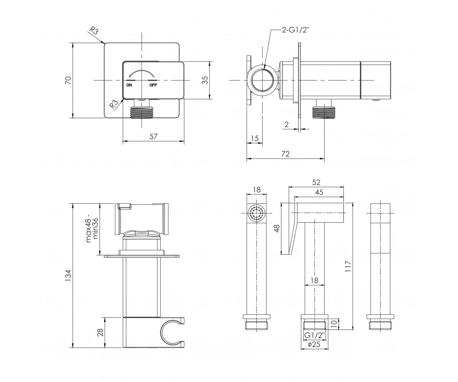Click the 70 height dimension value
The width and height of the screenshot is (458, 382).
pos(68,81)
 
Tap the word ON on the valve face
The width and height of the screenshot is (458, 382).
pos(129,85)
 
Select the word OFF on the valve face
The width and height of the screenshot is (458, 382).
pos(153,85)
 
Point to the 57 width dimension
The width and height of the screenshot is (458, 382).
pos(153,136)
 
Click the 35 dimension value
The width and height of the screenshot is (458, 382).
pos(205,80)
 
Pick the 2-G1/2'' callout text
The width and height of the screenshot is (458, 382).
pos(295,30)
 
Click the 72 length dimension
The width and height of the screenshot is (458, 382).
pos(285,154)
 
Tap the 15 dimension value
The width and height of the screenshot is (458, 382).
pos(255,138)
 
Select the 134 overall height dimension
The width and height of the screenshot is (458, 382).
pos(68,275)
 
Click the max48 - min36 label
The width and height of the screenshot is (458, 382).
pos(92,230)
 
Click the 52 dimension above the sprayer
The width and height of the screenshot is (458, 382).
pos(316,182)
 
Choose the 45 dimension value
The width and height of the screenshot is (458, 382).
pos(319,192)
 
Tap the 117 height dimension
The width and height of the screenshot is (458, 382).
pos(348,266)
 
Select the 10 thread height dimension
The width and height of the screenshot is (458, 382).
pos(334,324)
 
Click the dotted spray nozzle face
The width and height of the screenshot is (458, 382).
pos(256,213)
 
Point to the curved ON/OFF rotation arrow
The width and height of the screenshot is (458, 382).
pos(142,74)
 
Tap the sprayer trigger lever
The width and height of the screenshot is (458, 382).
pos(292,228)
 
